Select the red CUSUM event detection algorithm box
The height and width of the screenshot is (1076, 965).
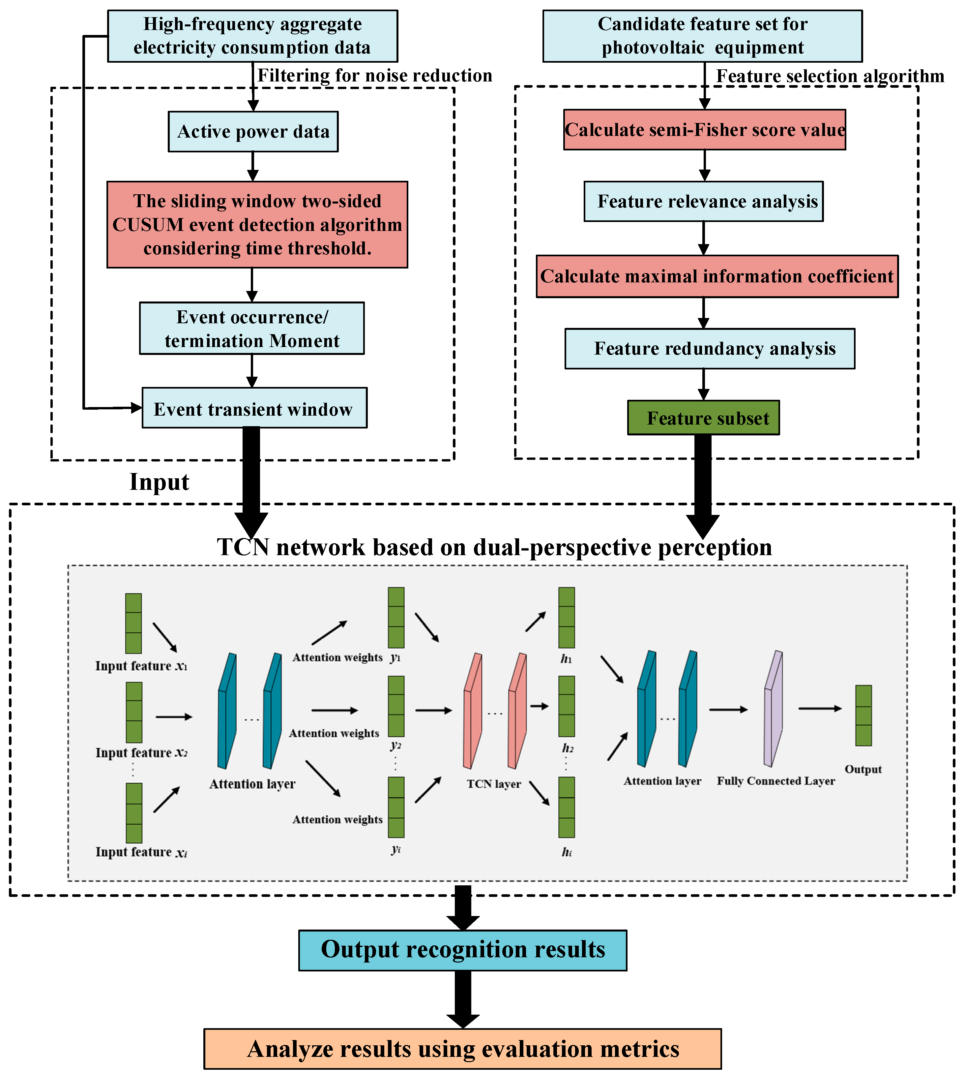pyautogui.click(x=257, y=224)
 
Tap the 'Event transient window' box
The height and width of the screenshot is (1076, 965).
pyautogui.click(x=254, y=408)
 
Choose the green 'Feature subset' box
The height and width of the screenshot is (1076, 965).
pyautogui.click(x=703, y=418)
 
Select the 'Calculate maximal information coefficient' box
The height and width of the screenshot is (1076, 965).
pyautogui.click(x=717, y=276)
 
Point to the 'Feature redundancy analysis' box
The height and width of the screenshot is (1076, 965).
pyautogui.click(x=710, y=349)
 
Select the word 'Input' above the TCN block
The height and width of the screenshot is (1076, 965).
pyautogui.click(x=159, y=482)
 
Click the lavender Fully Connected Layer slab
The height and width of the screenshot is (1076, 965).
pyautogui.click(x=773, y=709)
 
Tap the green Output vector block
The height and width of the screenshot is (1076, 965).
pyautogui.click(x=863, y=715)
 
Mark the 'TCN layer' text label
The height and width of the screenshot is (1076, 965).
pyautogui.click(x=494, y=784)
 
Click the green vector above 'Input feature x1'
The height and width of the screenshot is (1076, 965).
pyautogui.click(x=133, y=623)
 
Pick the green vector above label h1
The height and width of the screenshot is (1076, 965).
pyautogui.click(x=566, y=617)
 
